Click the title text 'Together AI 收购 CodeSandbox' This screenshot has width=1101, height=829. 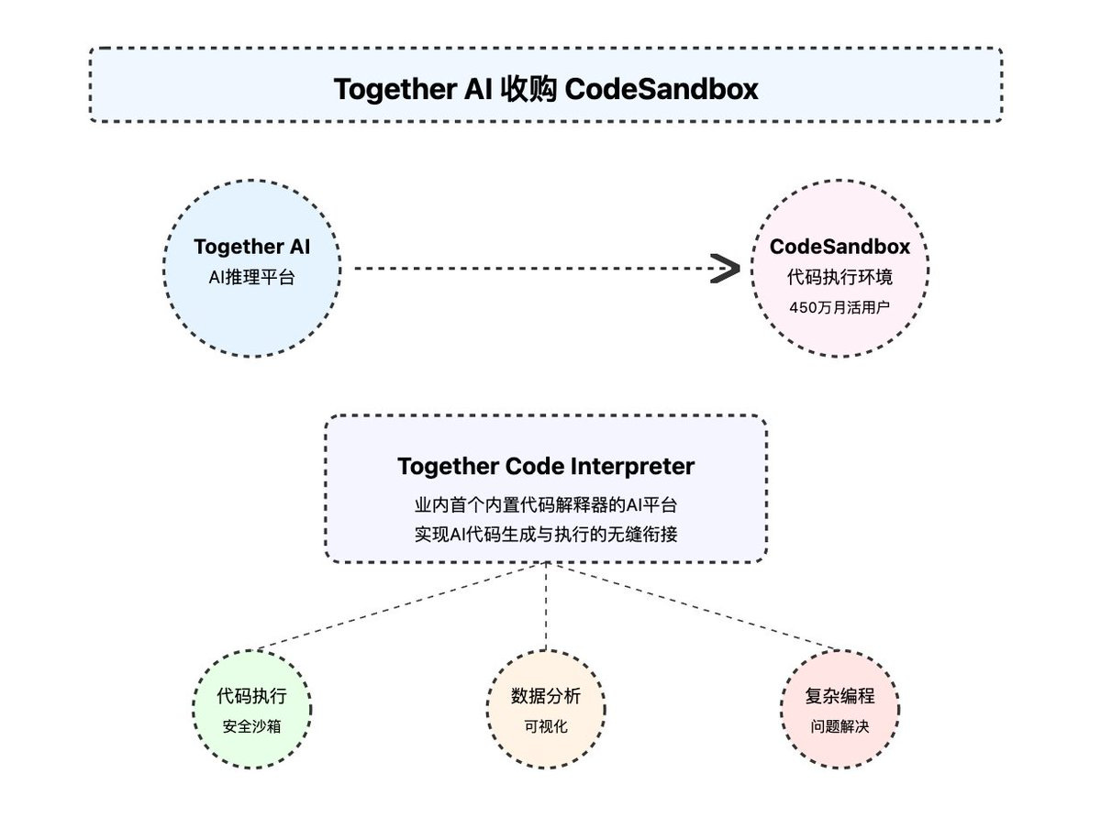[x=546, y=89]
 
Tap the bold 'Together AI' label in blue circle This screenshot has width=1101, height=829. [x=251, y=247]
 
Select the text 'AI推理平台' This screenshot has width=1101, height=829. [x=251, y=276]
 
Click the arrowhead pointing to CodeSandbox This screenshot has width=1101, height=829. [x=726, y=270]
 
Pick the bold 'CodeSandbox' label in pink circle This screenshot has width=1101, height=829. [x=840, y=247]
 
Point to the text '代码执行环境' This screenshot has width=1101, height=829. [x=840, y=276]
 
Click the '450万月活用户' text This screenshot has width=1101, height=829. [x=840, y=307]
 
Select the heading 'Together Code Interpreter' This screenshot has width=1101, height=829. [x=546, y=466]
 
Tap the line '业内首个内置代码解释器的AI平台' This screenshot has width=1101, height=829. [x=546, y=505]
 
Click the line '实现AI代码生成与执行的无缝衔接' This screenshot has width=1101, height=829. [x=546, y=534]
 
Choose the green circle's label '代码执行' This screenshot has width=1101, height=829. [x=251, y=696]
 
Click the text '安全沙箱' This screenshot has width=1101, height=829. [x=251, y=726]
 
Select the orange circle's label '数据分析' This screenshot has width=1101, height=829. [x=546, y=696]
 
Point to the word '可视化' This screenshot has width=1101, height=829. [x=546, y=726]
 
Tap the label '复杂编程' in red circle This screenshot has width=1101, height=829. [x=840, y=696]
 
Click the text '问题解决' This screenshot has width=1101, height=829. [x=840, y=726]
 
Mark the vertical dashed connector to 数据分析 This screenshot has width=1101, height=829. [x=546, y=605]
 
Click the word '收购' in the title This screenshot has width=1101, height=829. [x=530, y=89]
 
